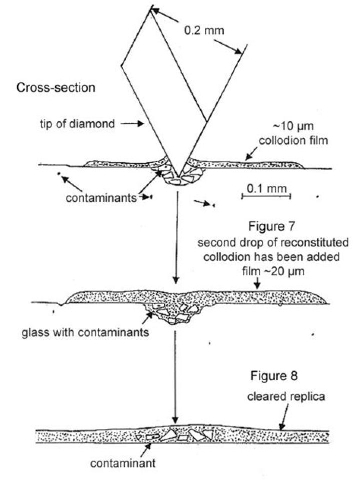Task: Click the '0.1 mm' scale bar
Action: point(266,195)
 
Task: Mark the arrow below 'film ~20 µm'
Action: point(256,284)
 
